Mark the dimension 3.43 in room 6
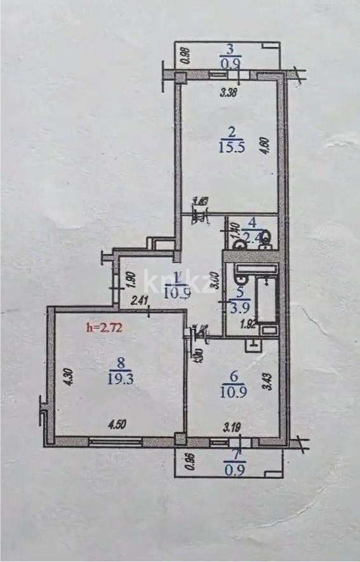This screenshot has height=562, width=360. point(269,383)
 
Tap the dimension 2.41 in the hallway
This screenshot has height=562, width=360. point(140,302)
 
